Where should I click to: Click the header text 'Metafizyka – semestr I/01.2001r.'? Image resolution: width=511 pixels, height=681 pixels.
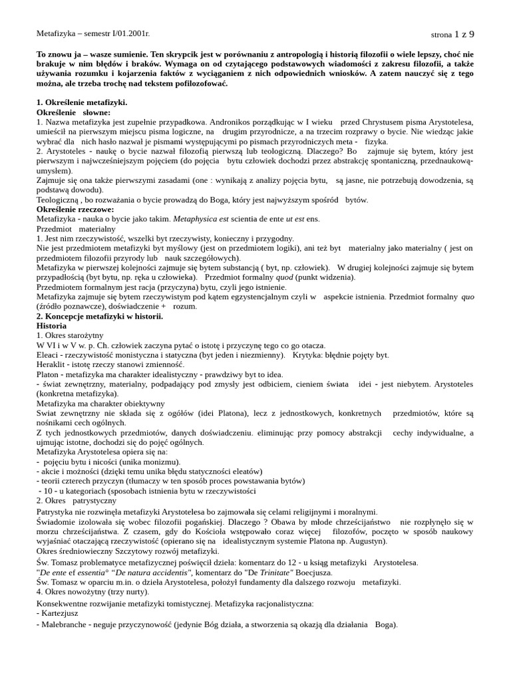93,33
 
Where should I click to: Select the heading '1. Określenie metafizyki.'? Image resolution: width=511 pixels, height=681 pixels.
82,102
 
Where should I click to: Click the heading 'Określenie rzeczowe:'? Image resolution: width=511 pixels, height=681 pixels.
75,209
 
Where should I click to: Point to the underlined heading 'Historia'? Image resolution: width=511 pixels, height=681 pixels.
51,326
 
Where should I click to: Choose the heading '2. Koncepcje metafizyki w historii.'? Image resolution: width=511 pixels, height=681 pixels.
100,316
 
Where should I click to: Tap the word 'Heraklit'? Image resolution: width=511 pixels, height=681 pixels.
52,364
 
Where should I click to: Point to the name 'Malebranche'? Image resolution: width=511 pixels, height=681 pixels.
67,624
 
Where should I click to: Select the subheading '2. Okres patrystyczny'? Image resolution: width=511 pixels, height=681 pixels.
77,500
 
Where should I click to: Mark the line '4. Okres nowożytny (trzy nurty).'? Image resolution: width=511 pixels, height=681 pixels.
93,591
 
